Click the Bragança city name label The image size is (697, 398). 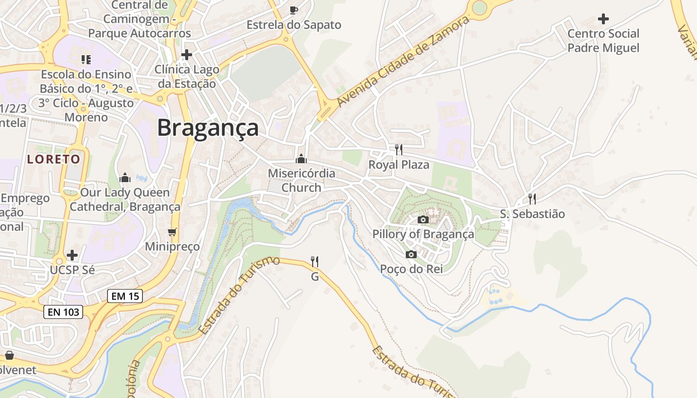[208, 128]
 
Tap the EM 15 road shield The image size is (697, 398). [125, 296]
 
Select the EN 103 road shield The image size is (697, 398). [63, 312]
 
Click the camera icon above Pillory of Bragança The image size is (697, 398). [423, 219]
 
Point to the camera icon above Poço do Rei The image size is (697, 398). [411, 255]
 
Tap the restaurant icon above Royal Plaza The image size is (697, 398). [398, 150]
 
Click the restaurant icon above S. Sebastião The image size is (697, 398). [532, 199]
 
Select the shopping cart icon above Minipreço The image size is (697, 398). [172, 232]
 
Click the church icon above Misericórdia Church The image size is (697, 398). [301, 159]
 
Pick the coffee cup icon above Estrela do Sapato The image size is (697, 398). [294, 10]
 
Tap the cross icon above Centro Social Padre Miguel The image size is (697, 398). [603, 19]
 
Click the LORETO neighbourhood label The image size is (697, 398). [54, 159]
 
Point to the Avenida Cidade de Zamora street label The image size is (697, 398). [403, 61]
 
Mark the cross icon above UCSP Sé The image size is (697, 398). [72, 255]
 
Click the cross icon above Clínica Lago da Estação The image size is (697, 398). [187, 54]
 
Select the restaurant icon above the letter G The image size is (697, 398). [315, 261]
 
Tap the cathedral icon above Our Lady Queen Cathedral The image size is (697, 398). [125, 178]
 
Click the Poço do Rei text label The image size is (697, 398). [411, 269]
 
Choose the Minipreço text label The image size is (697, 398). [172, 246]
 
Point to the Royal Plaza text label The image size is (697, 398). [398, 165]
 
